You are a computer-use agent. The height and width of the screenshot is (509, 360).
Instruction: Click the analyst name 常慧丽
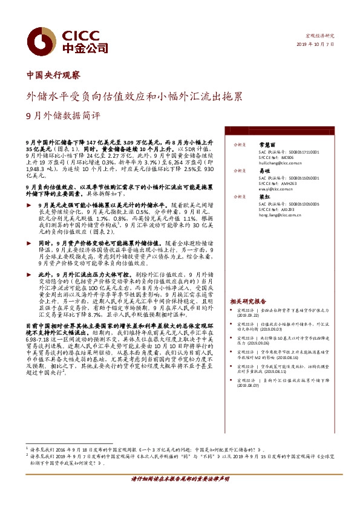click(267, 145)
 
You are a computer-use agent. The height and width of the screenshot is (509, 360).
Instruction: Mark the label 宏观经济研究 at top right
click(320, 36)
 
